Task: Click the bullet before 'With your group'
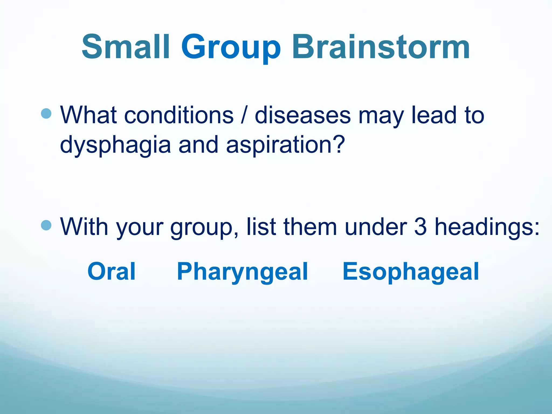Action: click(x=46, y=225)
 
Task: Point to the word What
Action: click(x=88, y=115)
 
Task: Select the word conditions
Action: click(x=179, y=115)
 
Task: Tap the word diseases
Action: click(x=303, y=115)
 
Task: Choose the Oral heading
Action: click(x=112, y=271)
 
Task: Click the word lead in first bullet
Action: click(x=434, y=115)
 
